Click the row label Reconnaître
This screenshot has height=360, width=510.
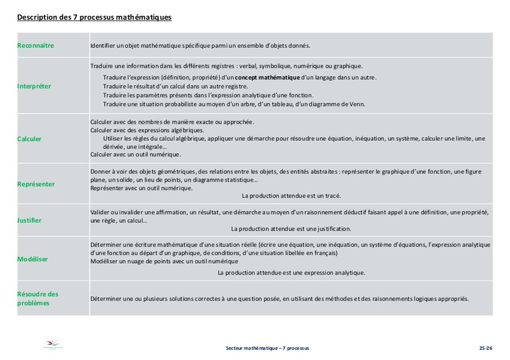[36, 46]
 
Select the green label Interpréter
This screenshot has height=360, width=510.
[34, 86]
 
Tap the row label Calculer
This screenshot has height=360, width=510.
[30, 138]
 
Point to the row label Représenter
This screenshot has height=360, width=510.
[36, 184]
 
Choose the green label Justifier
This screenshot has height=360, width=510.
[29, 220]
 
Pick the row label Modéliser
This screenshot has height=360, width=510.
[33, 259]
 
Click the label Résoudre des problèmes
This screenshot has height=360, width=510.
[38, 298]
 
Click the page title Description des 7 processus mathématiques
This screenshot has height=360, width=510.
[94, 18]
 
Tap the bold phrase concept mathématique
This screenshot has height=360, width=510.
[263, 78]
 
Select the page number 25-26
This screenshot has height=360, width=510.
[486, 349]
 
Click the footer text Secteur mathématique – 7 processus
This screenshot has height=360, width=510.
[267, 349]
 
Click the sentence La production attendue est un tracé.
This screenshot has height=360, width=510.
[291, 196]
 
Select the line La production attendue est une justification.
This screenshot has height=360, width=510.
[291, 229]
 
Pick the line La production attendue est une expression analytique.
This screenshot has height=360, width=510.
[291, 273]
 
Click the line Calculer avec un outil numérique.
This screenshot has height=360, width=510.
[136, 154]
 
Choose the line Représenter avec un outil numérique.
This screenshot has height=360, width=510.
[142, 188]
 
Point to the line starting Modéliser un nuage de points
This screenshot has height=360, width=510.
[164, 261]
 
